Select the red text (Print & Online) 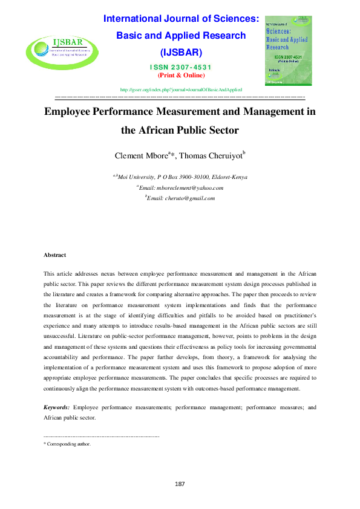coord(182,75)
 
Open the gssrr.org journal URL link coord(182,89)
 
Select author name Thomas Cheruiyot coord(212,156)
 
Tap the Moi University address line coord(180,177)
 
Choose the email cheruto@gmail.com coord(182,198)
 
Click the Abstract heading coord(55,256)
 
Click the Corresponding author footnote coord(67,444)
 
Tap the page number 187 coord(180,484)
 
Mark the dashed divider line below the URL coord(180,97)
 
